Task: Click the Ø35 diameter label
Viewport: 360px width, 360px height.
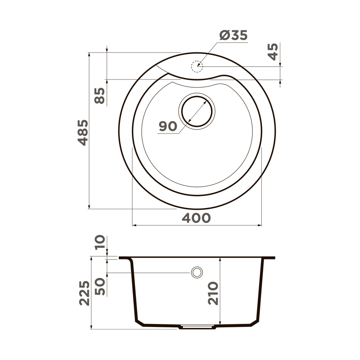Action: pos(233,36)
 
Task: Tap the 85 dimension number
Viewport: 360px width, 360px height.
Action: pos(100,95)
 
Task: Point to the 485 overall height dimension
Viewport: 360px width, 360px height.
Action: pos(83,133)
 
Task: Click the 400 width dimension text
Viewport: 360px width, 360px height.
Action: pos(196,218)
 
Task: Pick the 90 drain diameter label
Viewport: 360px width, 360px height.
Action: pos(168,126)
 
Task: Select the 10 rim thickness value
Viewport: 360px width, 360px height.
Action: pos(100,242)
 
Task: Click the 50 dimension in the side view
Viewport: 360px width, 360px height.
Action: pos(100,287)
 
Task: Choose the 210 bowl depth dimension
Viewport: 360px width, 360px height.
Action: pos(213,293)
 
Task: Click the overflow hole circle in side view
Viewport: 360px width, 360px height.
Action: pos(197,272)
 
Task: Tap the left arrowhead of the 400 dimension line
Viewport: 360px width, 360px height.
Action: pos(134,225)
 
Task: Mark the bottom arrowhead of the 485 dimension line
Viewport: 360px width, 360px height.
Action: pos(89,207)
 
